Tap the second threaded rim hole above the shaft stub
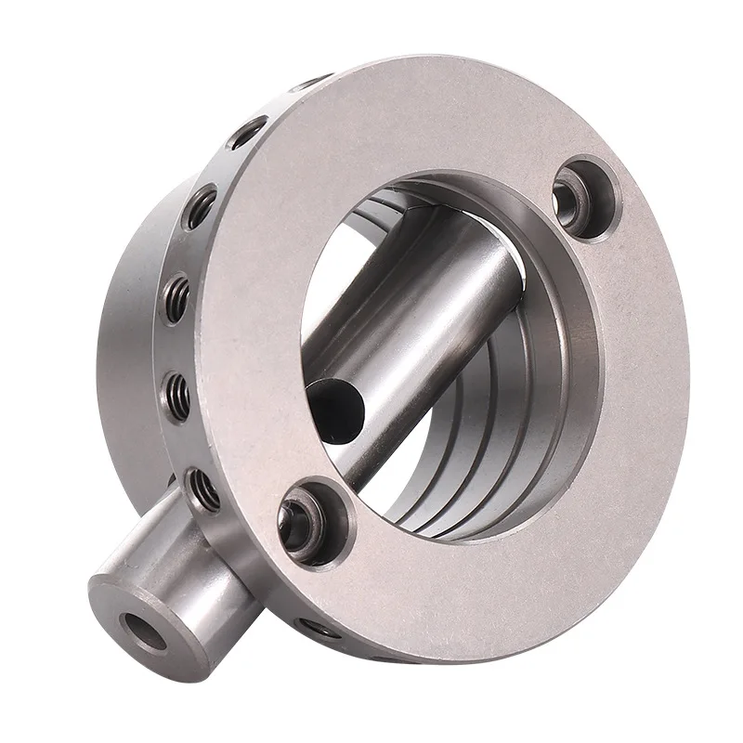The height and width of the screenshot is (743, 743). click(178, 395)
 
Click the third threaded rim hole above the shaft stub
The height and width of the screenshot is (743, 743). click(176, 297)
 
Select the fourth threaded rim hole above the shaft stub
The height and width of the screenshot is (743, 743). click(202, 206)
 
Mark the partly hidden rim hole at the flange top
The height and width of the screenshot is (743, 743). click(311, 84)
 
